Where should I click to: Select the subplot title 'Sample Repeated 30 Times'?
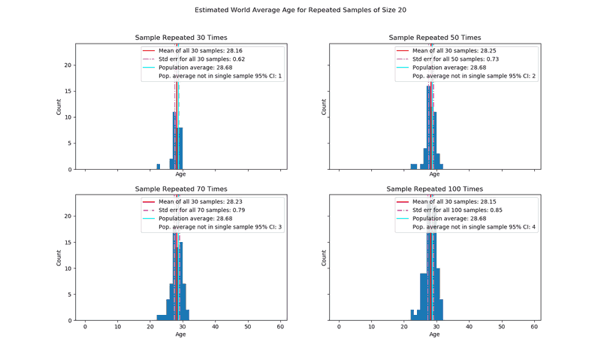[x=180, y=38]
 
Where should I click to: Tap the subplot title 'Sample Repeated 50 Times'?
[x=434, y=38]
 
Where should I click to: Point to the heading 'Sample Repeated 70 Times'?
[x=180, y=189]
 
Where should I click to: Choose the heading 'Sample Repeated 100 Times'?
[x=434, y=189]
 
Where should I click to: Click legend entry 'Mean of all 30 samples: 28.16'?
[x=201, y=50]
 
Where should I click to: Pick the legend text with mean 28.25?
[x=455, y=50]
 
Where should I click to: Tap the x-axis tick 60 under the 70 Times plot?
[x=280, y=327]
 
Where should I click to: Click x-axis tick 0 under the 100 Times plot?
[x=339, y=327]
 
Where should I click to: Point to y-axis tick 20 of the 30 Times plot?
[x=68, y=65]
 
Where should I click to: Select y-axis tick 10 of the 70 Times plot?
[x=68, y=268]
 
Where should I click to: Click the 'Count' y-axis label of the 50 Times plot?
[x=325, y=107]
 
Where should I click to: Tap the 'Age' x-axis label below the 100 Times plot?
[x=434, y=334]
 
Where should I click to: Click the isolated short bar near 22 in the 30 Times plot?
[x=158, y=167]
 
